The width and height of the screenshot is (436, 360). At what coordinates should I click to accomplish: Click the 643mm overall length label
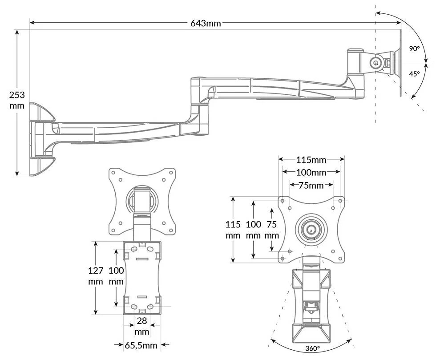tap(206, 23)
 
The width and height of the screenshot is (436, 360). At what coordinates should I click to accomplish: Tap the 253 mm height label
tap(17, 100)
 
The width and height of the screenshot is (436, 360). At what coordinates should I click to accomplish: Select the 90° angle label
tap(414, 49)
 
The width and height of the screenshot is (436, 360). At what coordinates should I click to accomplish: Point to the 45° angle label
tap(414, 74)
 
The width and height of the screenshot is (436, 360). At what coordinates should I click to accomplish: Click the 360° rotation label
tap(312, 348)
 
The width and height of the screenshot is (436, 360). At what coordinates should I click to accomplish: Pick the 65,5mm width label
tap(141, 345)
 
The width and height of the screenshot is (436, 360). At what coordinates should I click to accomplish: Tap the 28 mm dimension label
tap(142, 326)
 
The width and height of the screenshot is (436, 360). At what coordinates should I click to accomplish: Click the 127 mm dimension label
tap(96, 276)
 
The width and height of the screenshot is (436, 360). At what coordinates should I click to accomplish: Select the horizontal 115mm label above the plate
tap(311, 160)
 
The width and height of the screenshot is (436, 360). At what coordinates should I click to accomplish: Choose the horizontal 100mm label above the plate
tap(311, 173)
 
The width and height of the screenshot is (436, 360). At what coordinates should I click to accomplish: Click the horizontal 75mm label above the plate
tap(311, 185)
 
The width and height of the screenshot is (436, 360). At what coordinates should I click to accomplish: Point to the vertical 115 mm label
tap(233, 230)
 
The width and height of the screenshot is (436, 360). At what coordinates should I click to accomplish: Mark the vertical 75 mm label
tap(272, 230)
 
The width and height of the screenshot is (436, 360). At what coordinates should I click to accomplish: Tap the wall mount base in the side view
tap(41, 139)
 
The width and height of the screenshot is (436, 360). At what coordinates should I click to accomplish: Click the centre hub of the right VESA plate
tap(311, 230)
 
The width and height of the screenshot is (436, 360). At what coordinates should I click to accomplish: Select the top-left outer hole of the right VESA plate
tap(283, 201)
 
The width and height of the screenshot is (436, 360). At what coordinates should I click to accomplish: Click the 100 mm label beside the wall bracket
tap(116, 276)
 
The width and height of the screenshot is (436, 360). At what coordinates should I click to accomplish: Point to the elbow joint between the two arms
tap(199, 106)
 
